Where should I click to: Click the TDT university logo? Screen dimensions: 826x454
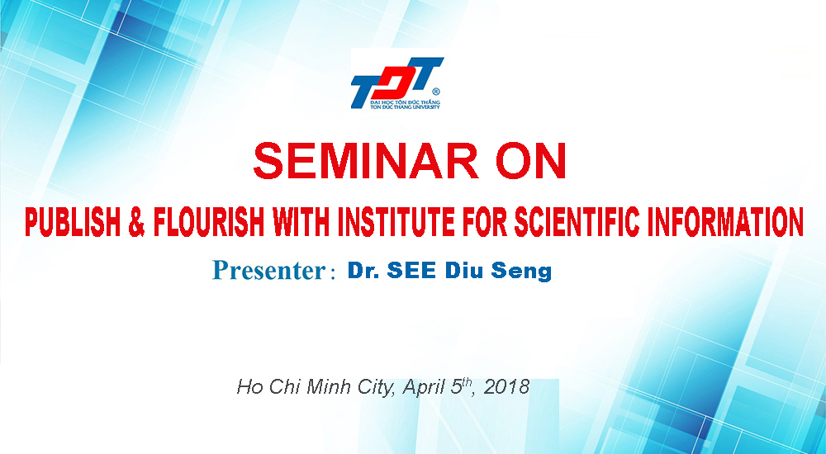[396, 83]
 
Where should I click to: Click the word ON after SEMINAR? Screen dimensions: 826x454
[531, 161]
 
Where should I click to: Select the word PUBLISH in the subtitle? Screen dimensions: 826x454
[73, 222]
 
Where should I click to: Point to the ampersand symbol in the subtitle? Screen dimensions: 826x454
[137, 222]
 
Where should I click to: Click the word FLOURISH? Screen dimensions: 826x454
[209, 222]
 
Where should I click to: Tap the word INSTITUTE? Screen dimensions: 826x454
[396, 222]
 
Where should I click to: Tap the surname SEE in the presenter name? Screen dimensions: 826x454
[411, 271]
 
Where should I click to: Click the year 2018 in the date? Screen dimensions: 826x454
[506, 387]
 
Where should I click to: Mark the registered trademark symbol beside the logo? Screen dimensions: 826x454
[435, 92]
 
